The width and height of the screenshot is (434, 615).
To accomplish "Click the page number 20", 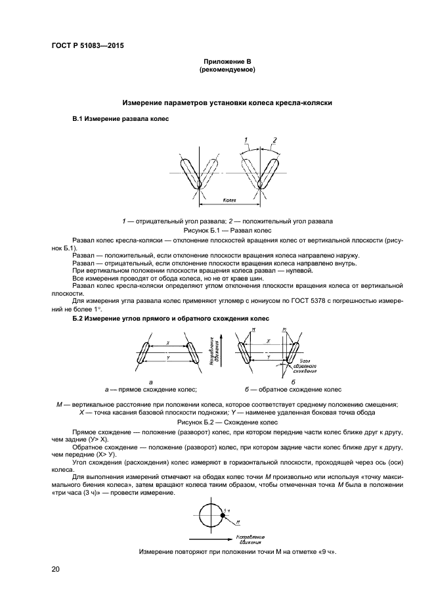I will (x=56, y=569).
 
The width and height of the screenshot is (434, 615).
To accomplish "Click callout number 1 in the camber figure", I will (x=245, y=140).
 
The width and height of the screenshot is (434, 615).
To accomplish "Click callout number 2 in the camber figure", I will (x=275, y=140).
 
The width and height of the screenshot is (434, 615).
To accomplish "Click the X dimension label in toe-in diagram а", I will (x=168, y=343).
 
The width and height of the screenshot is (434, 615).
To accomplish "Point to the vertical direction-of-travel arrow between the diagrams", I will (x=223, y=355).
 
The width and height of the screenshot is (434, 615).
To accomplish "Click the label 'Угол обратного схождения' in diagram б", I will (x=304, y=365).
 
